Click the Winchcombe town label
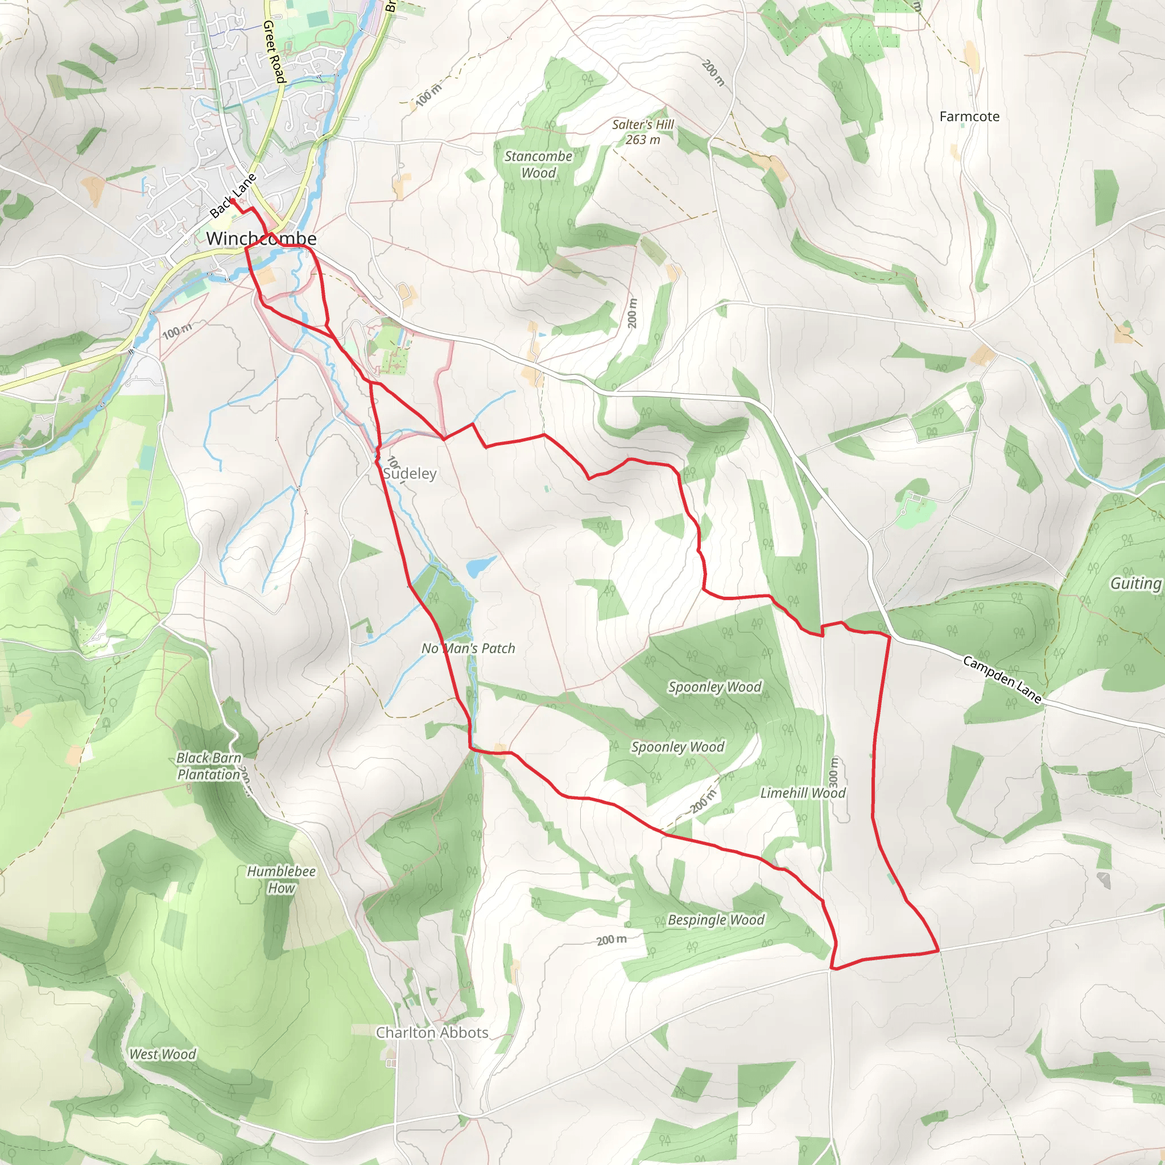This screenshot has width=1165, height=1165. tap(261, 238)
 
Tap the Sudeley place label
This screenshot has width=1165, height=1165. tap(410, 473)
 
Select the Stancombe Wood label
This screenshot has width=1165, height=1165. tap(538, 164)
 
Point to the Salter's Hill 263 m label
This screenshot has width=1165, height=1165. tap(643, 132)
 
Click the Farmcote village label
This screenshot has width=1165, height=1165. tap(969, 117)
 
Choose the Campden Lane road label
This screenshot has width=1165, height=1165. tap(1002, 680)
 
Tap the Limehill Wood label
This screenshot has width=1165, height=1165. tap(803, 793)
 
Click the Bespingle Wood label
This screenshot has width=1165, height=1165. tap(716, 920)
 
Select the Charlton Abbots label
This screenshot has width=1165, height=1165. tap(432, 1032)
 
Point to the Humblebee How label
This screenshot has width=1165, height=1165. tap(281, 879)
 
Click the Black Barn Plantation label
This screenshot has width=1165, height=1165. tap(209, 766)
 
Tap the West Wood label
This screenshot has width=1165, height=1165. tap(163, 1054)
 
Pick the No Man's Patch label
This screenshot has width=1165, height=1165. tap(468, 648)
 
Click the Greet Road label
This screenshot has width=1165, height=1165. tap(273, 51)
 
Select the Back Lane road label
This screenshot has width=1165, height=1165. tap(233, 195)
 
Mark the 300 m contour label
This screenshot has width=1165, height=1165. tap(833, 772)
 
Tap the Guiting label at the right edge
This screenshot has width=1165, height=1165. tap(1135, 583)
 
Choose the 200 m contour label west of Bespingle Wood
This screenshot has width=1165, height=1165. tap(612, 940)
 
